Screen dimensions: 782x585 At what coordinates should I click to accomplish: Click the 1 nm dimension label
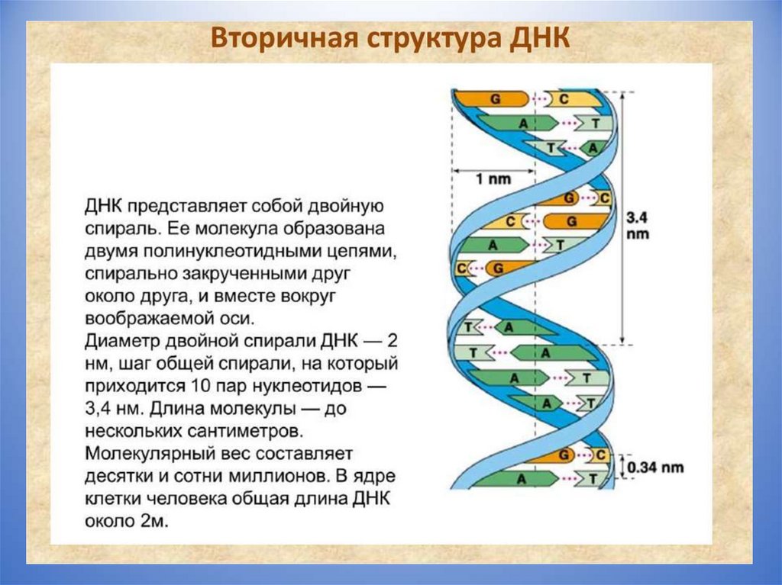tap(493, 178)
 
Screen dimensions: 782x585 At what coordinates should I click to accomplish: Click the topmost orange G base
tap(496, 99)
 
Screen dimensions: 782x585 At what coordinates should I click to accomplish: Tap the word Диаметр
tap(122, 339)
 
